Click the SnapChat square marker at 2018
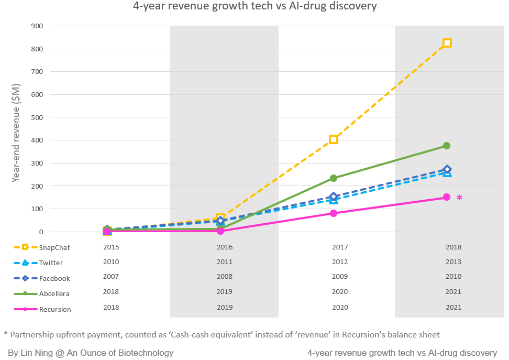pos(447,43)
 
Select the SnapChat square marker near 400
pos(333,139)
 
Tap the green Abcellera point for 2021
pos(447,146)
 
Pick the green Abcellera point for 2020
pos(333,178)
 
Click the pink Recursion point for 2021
pos(447,197)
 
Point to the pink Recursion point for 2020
pos(333,213)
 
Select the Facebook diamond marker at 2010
pos(447,170)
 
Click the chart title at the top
pos(255,7)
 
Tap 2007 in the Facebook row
pos(111,277)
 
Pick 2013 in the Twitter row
pos(453,262)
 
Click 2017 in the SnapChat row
pos(340,247)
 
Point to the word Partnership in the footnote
pos(31,334)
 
